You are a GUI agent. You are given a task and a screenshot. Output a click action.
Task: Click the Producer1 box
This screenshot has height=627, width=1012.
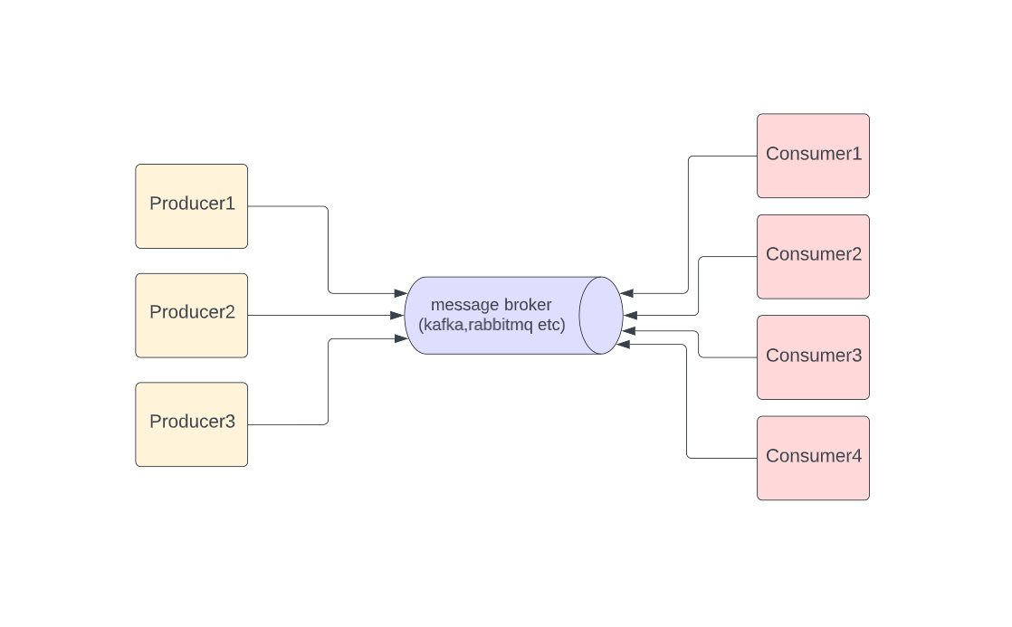(191, 205)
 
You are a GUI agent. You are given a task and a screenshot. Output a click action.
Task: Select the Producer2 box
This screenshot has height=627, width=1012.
(191, 315)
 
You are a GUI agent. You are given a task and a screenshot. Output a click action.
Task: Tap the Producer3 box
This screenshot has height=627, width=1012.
(191, 424)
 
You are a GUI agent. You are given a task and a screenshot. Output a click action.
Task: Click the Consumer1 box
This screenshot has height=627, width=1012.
(813, 156)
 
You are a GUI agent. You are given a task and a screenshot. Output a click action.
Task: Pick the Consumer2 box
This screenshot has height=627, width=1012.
(813, 256)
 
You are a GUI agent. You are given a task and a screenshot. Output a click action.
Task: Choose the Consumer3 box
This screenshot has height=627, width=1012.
(813, 357)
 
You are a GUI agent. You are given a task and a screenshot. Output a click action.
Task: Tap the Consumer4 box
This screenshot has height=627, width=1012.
(813, 458)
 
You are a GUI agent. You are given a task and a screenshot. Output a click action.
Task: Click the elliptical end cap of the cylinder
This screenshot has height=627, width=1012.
(600, 316)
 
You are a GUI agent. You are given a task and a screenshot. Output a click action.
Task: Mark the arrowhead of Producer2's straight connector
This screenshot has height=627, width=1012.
(397, 315)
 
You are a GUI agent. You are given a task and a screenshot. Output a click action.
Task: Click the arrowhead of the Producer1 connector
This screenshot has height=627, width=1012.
(400, 293)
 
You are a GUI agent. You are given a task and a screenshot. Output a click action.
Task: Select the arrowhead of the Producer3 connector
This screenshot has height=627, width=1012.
(401, 338)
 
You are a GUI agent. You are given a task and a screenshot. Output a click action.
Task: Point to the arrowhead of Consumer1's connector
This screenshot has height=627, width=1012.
(627, 293)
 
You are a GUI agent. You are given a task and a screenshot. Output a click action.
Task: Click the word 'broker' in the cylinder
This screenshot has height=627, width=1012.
(527, 305)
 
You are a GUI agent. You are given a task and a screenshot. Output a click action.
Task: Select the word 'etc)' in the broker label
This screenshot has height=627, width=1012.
(551, 325)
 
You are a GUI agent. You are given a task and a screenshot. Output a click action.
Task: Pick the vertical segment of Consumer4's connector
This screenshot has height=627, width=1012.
(687, 403)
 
